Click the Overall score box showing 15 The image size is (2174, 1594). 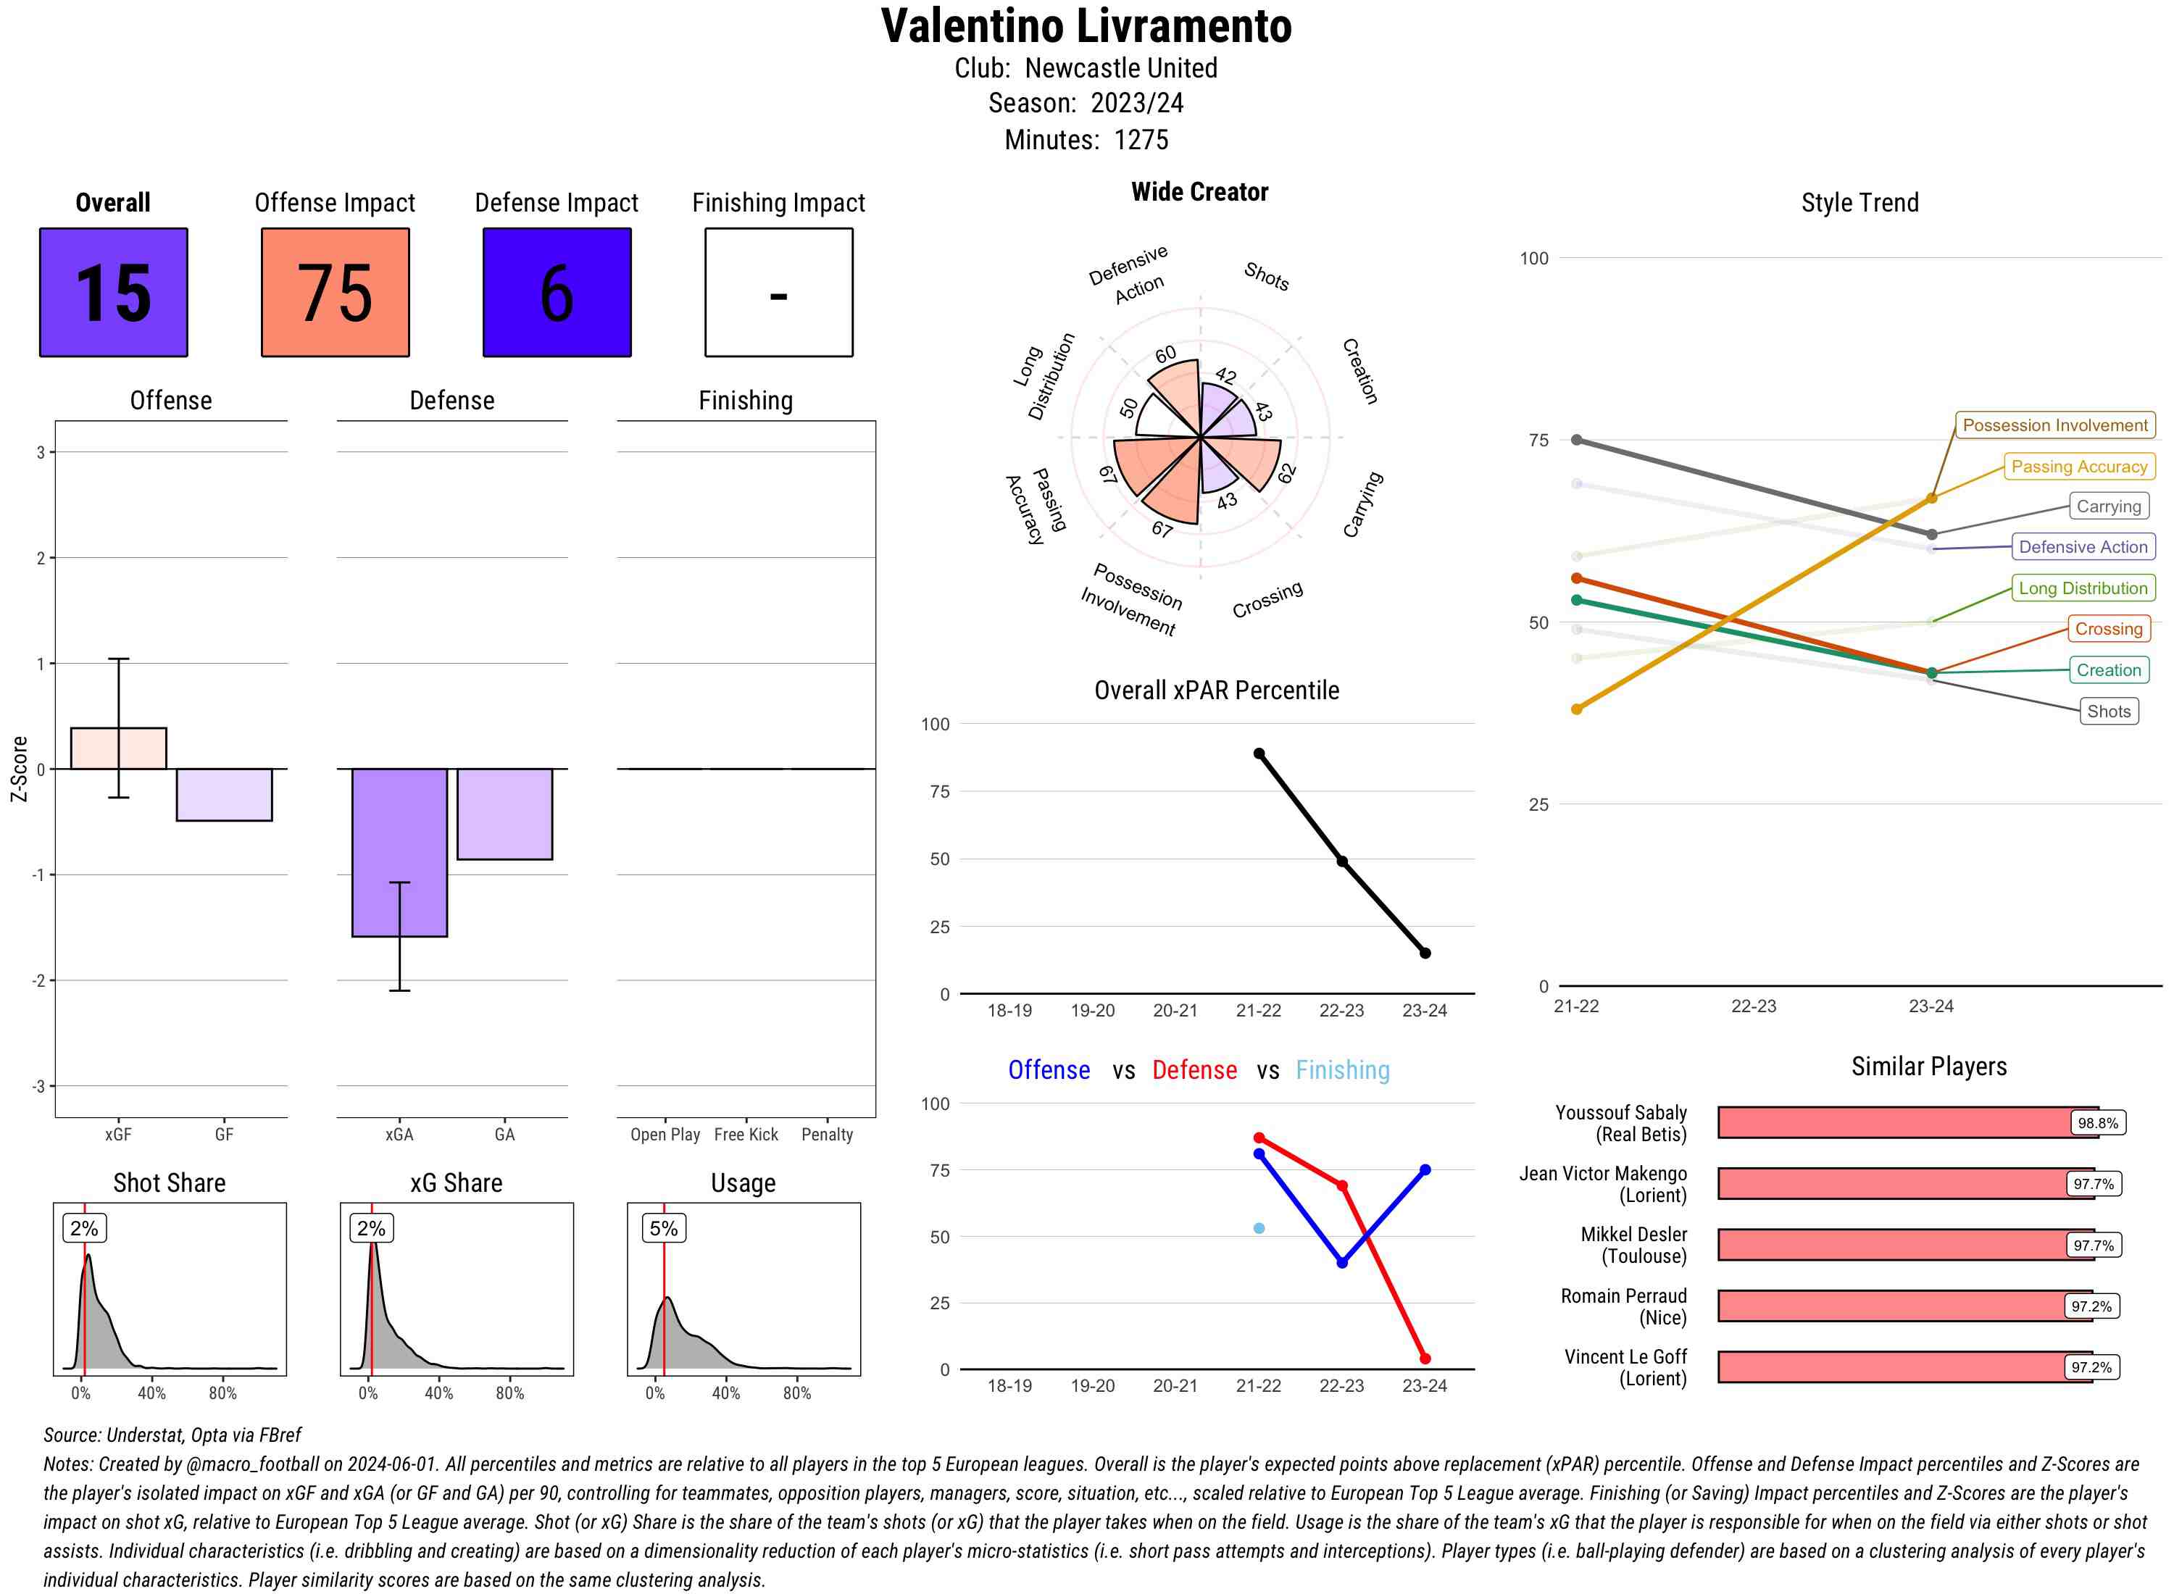point(113,293)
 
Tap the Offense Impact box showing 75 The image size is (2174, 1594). point(335,293)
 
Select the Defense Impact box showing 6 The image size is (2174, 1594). point(557,293)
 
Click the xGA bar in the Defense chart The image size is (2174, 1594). point(399,851)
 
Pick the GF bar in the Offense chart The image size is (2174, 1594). point(224,794)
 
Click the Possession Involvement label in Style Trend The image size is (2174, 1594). point(2054,425)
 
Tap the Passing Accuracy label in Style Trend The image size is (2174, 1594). point(2078,467)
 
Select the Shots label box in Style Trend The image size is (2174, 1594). point(2108,711)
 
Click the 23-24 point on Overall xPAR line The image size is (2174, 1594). point(1424,954)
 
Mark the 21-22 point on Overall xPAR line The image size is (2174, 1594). point(1258,754)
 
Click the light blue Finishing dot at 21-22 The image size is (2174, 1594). point(1258,1228)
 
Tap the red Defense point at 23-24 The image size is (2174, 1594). point(1424,1359)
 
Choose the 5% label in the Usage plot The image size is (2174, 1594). point(663,1228)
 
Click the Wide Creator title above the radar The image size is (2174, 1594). point(1199,192)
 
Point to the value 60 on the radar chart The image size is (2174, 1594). point(1166,354)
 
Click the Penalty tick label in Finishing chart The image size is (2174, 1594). point(827,1135)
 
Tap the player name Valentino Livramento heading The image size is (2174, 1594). point(1086,27)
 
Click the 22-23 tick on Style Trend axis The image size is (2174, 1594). point(1753,1006)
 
